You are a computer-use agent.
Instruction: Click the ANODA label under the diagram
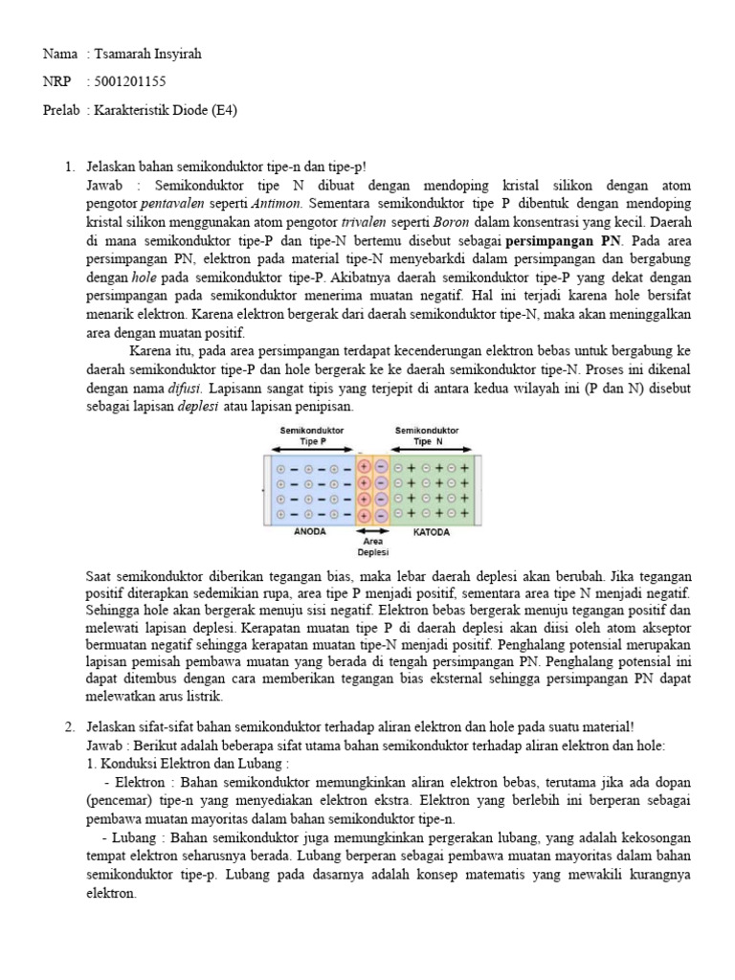coord(309,531)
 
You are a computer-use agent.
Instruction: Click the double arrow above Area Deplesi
coord(372,530)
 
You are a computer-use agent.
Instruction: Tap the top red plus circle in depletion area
coord(364,466)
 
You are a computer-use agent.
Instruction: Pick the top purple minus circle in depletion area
coord(380,466)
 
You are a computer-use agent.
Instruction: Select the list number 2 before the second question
coord(69,728)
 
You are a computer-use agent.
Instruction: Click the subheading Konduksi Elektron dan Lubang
coord(182,765)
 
